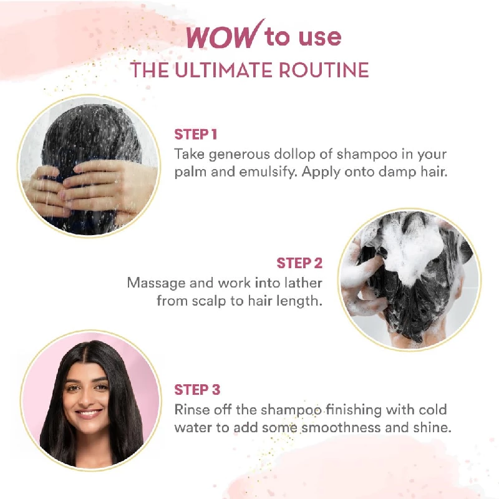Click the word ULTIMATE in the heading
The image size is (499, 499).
[x=223, y=70]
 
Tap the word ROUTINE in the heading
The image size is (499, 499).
[x=324, y=70]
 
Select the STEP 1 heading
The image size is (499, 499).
[x=196, y=134]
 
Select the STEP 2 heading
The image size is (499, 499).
[x=299, y=263]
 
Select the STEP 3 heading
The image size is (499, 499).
[x=197, y=389]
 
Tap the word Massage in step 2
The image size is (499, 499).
[x=157, y=284]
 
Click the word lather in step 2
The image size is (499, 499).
[x=303, y=283]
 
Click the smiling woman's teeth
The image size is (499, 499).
[x=88, y=414]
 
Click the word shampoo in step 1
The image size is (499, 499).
[x=367, y=155]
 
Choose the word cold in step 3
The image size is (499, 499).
[x=433, y=410]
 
